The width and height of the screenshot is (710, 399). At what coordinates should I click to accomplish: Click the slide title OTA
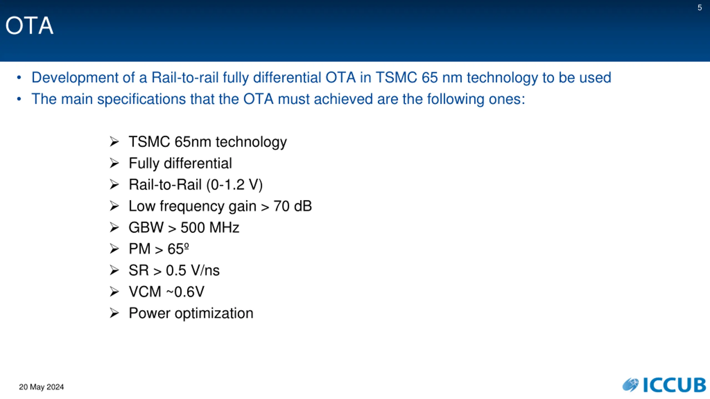(29, 25)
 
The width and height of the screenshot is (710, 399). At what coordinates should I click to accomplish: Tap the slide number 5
(700, 7)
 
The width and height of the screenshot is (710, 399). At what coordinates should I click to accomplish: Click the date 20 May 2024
(41, 387)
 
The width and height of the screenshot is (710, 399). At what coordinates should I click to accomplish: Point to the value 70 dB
(293, 206)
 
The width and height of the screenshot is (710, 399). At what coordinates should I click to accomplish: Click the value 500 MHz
(210, 227)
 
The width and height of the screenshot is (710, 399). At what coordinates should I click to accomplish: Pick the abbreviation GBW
(146, 227)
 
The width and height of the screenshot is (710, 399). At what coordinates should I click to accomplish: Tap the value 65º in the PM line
(178, 249)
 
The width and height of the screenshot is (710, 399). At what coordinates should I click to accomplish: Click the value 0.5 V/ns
(193, 270)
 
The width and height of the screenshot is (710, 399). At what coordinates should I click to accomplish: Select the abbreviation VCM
(145, 292)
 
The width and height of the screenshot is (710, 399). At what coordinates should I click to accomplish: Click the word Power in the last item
(149, 313)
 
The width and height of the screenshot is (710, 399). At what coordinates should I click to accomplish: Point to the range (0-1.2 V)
(235, 185)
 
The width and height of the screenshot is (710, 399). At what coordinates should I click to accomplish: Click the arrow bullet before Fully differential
(114, 163)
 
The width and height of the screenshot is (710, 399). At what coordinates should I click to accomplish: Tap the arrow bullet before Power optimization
(114, 313)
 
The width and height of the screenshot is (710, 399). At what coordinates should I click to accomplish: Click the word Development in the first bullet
(75, 78)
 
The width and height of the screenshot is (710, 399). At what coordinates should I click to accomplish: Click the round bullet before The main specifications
(19, 99)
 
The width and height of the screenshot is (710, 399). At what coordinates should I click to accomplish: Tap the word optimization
(214, 314)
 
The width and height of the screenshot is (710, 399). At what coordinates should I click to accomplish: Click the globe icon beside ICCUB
(631, 385)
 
